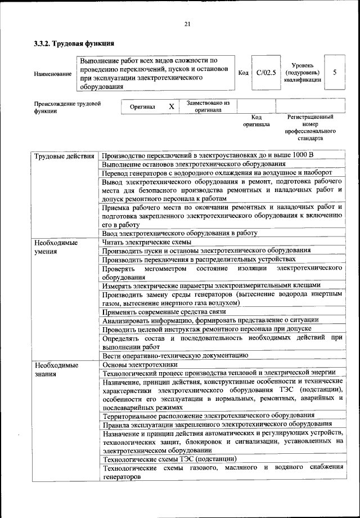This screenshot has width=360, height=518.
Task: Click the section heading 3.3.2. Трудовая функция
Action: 74,43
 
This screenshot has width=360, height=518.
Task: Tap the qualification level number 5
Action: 335,73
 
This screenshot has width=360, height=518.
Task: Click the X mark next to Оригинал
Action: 172,107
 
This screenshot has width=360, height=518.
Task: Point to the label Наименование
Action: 53,74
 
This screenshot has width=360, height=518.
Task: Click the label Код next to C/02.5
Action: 243,73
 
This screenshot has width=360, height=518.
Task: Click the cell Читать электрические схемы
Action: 147,242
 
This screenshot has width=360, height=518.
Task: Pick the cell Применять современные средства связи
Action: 164,311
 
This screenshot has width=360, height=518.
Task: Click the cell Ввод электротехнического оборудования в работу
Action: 179,233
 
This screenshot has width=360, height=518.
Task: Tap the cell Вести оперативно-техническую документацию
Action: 175,355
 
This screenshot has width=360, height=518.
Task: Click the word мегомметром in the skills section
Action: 165,269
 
